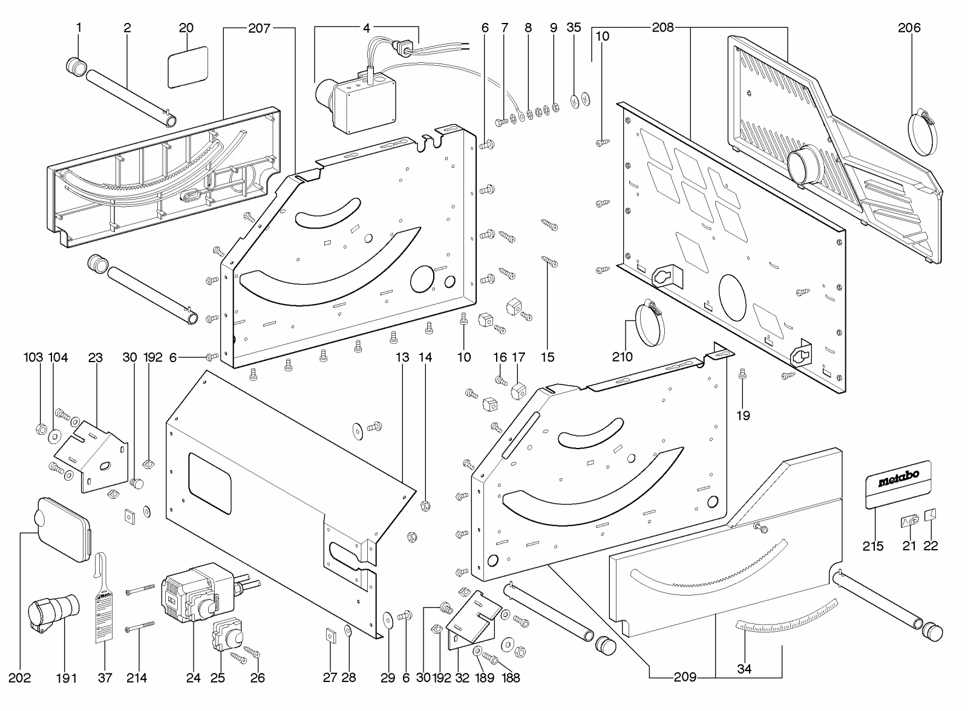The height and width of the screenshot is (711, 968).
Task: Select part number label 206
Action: pyautogui.click(x=909, y=28)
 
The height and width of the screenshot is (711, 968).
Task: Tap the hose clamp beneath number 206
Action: pyautogui.click(x=925, y=132)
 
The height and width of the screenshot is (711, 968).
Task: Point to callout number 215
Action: pyautogui.click(x=873, y=546)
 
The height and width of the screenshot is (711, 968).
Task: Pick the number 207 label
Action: pyautogui.click(x=259, y=28)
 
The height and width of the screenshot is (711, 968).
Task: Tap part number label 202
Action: pyautogui.click(x=20, y=678)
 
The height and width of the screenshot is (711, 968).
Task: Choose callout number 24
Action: pyautogui.click(x=193, y=678)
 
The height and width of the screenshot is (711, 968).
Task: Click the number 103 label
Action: pyautogui.click(x=33, y=357)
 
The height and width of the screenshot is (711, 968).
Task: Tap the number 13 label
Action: pyautogui.click(x=402, y=357)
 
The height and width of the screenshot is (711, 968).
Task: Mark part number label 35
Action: pyautogui.click(x=574, y=28)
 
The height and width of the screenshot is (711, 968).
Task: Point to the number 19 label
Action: pyautogui.click(x=743, y=415)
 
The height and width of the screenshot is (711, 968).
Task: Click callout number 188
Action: pyautogui.click(x=511, y=678)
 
